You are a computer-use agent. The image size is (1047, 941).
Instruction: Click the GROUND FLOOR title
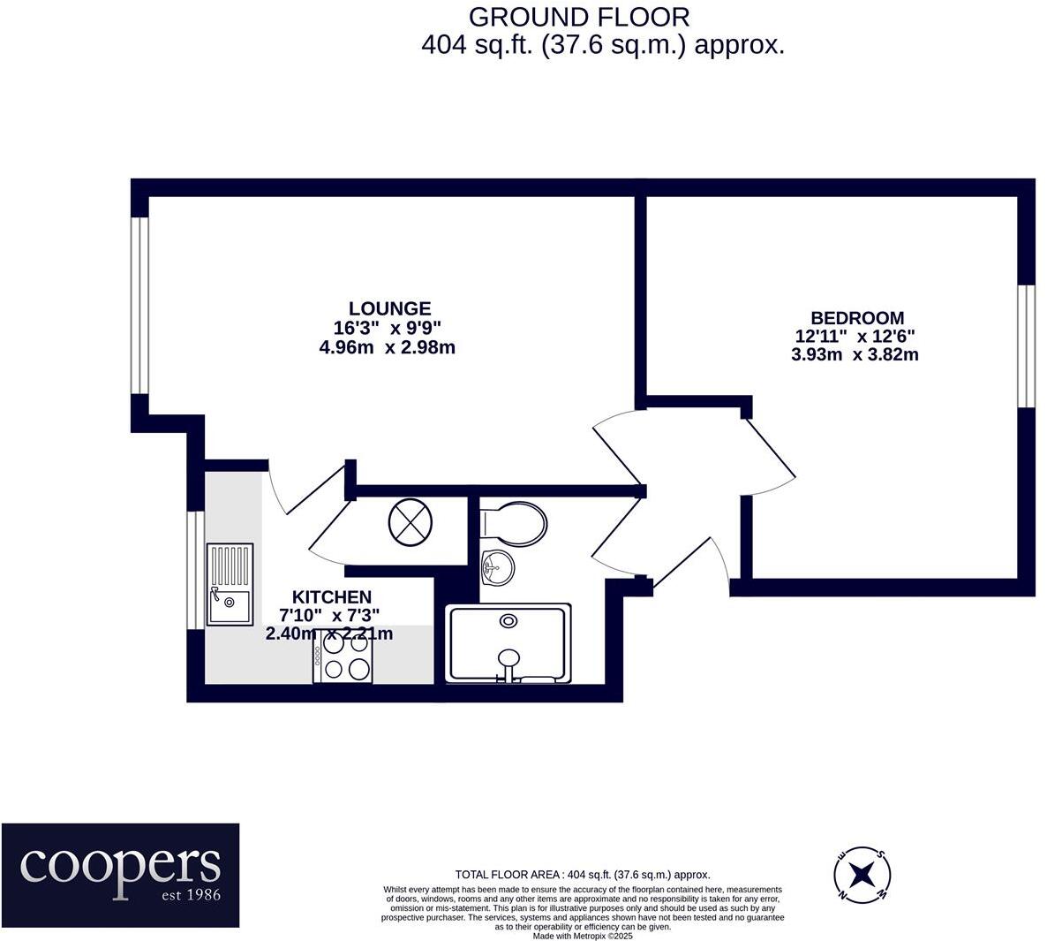click(x=578, y=17)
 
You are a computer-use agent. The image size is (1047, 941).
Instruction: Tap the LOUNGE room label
click(x=389, y=308)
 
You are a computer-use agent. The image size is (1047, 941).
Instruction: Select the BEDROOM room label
click(x=857, y=318)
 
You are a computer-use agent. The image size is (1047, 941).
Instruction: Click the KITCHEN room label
click(x=332, y=597)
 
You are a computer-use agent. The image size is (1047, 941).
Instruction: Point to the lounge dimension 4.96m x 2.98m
click(x=387, y=347)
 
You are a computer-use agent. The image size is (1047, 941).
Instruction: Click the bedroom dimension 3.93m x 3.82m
click(x=855, y=354)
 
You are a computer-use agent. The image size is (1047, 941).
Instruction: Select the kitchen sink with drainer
click(x=230, y=585)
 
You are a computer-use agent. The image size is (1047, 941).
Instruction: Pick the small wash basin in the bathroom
click(x=497, y=565)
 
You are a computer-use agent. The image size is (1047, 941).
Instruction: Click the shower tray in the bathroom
click(x=508, y=643)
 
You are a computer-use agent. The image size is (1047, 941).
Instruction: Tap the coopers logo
click(x=120, y=875)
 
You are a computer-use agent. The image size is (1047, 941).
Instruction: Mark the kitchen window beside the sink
click(x=195, y=570)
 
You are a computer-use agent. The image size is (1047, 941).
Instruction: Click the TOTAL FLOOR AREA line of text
click(x=582, y=875)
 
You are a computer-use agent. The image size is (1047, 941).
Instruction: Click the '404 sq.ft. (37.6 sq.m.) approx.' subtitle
click(x=603, y=44)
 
